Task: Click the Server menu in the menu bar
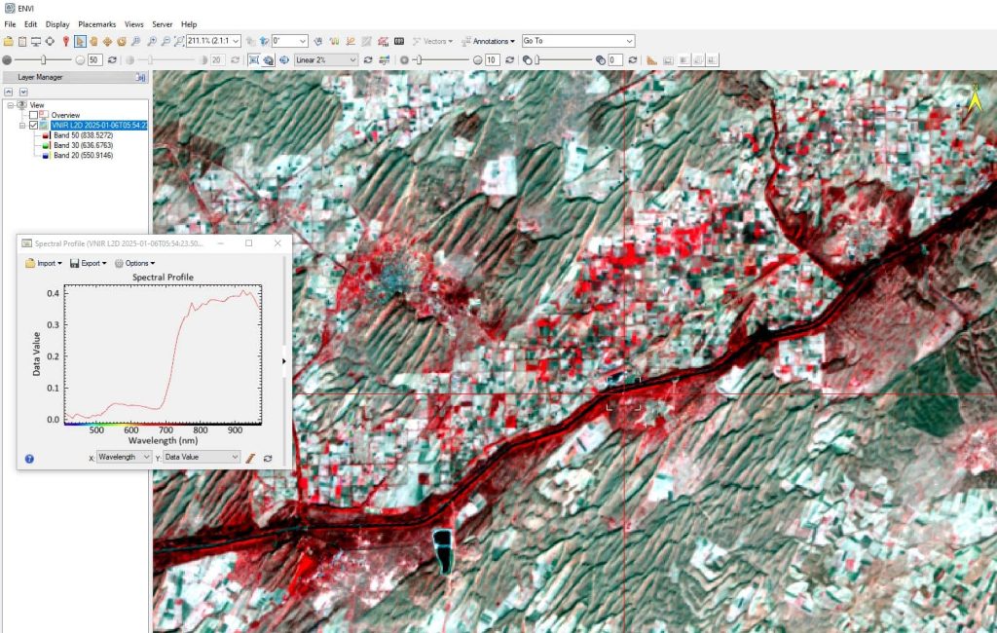tap(162, 23)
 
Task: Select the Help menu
tap(189, 23)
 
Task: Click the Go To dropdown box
tap(577, 41)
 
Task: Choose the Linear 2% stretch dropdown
tap(326, 59)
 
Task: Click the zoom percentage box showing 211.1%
tap(213, 41)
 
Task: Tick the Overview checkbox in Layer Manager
tap(33, 115)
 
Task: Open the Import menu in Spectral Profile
tap(44, 263)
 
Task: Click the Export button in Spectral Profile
tap(89, 263)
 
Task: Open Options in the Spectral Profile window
tap(134, 263)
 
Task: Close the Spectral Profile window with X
tap(277, 242)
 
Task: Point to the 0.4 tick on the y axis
tap(53, 292)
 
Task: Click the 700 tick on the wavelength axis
tap(166, 429)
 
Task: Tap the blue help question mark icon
tap(29, 458)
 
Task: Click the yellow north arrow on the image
tap(975, 97)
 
